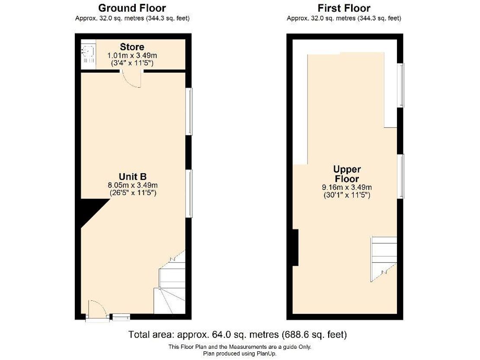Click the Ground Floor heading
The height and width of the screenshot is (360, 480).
click(x=132, y=8)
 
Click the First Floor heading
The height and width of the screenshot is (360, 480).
click(x=344, y=8)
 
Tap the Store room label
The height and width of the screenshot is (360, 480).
click(x=132, y=47)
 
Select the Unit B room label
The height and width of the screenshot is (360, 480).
click(x=133, y=176)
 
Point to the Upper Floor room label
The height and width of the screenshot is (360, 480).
click(x=347, y=174)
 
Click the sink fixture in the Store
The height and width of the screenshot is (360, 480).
click(x=89, y=54)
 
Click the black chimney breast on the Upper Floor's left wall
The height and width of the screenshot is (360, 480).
click(x=295, y=248)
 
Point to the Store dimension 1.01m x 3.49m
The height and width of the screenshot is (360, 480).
click(x=132, y=56)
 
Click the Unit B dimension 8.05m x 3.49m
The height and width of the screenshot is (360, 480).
click(x=133, y=185)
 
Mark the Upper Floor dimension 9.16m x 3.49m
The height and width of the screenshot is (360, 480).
click(x=347, y=187)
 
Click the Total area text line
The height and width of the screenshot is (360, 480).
click(x=237, y=335)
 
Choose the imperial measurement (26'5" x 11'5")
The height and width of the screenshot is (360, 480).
click(x=133, y=193)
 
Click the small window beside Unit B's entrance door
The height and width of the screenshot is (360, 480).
click(x=121, y=317)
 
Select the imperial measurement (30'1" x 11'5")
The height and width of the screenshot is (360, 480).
click(x=347, y=195)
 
